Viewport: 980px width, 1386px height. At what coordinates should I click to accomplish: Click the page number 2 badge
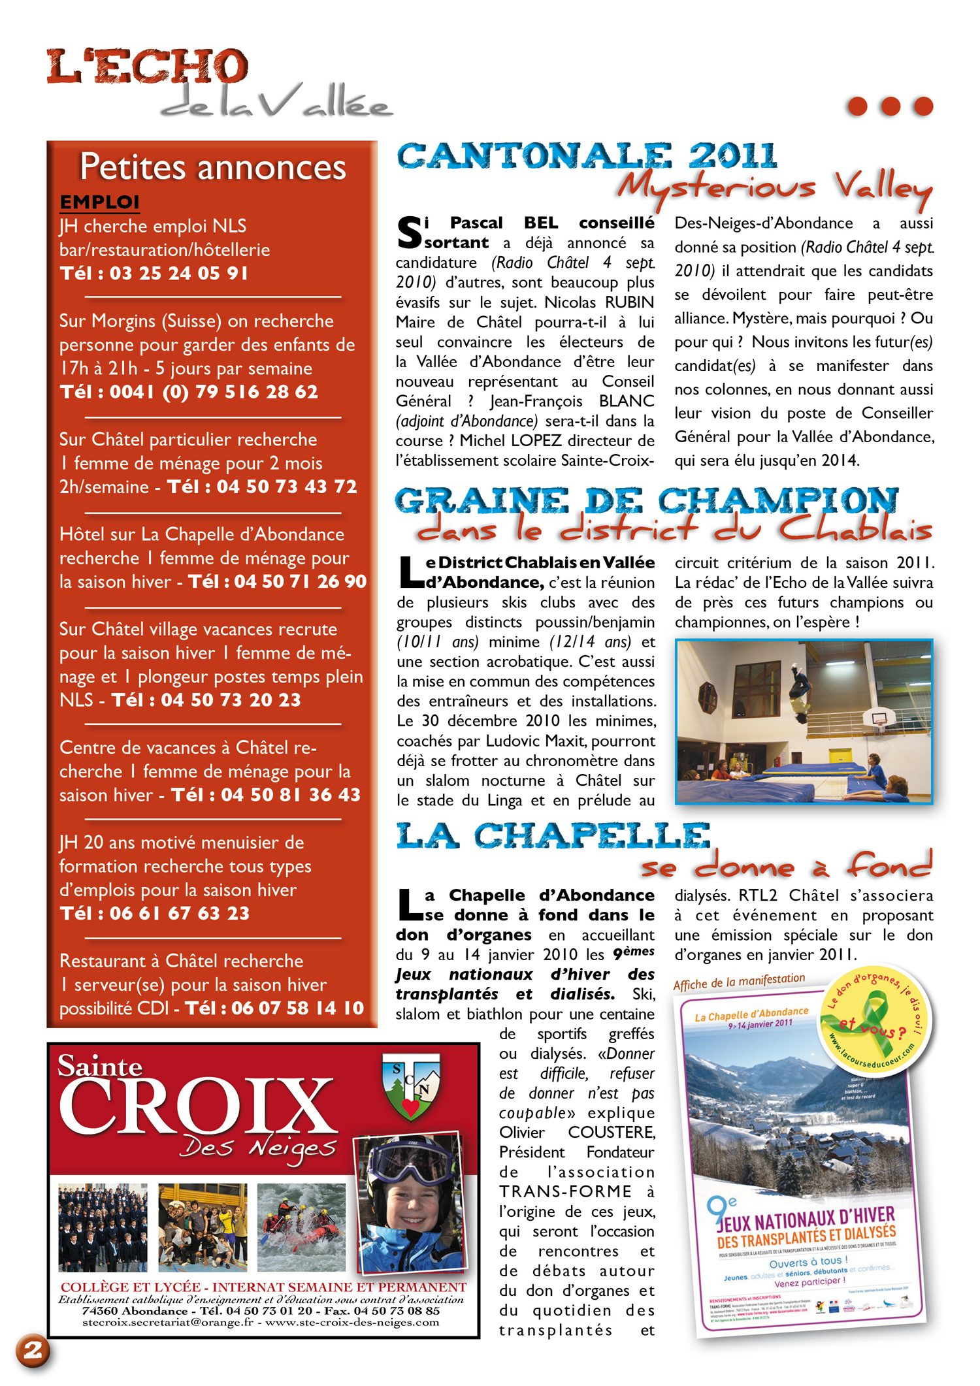33,1350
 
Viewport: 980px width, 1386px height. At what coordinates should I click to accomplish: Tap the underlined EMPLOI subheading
99,202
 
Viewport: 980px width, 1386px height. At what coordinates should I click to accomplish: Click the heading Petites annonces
212,167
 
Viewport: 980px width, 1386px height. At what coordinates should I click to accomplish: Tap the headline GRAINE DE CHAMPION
646,501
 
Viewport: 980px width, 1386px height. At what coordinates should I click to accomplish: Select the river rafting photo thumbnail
301,1226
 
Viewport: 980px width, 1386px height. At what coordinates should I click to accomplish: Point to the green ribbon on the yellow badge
875,1023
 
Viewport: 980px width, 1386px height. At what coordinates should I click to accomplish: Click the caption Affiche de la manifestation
739,982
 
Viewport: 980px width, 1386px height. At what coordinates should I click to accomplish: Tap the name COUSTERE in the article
611,1132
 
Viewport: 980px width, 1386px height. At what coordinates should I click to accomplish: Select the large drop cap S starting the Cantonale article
410,234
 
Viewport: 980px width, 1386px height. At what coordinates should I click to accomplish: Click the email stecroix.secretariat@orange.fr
167,1323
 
